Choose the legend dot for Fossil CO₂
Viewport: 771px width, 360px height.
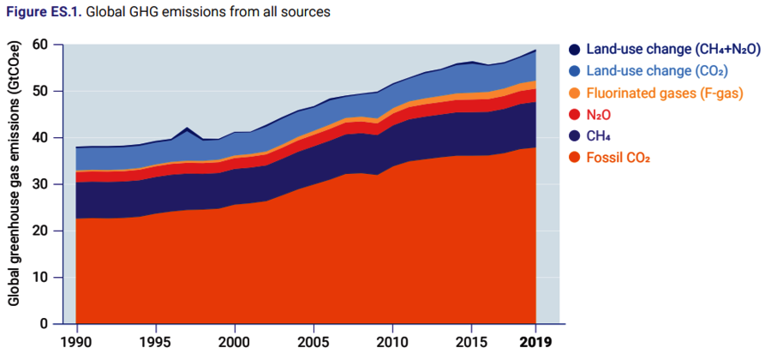click(x=576, y=157)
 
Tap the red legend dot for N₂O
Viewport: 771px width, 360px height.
click(x=576, y=114)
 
